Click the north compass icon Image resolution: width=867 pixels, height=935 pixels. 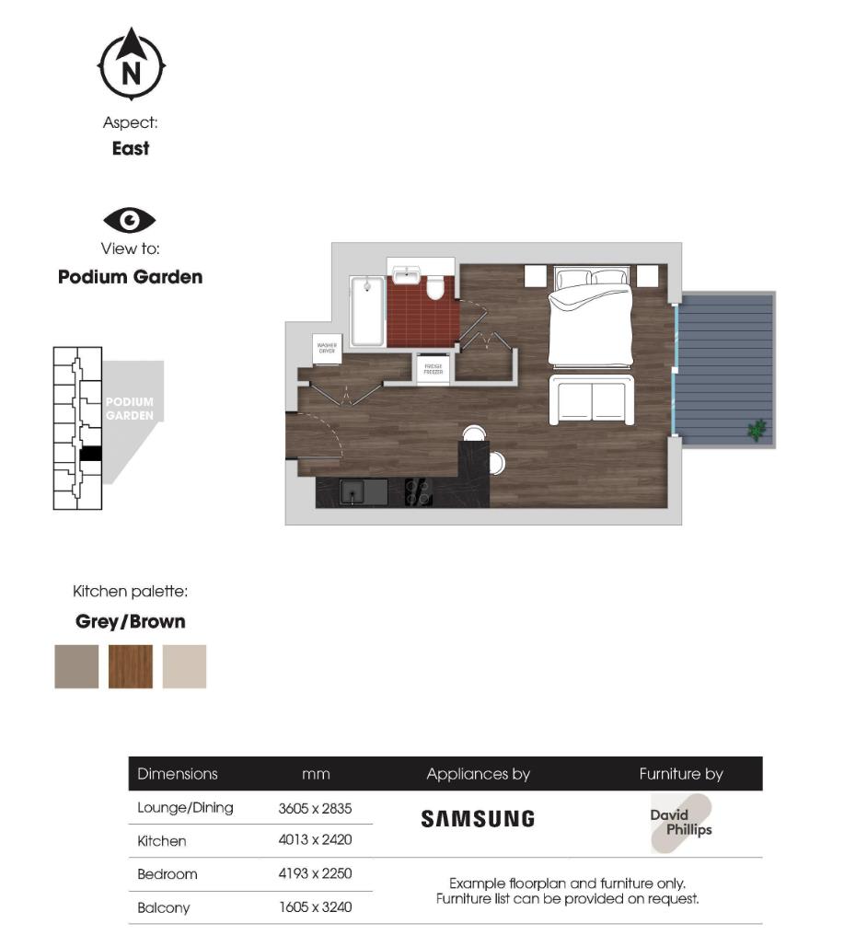pyautogui.click(x=132, y=64)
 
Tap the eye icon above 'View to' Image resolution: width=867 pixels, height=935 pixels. pyautogui.click(x=130, y=220)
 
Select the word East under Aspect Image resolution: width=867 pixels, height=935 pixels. pyautogui.click(x=131, y=148)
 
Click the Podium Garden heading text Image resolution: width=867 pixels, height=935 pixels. pyautogui.click(x=130, y=277)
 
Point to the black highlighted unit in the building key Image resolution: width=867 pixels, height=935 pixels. pyautogui.click(x=90, y=453)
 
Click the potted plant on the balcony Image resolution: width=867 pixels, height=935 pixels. pyautogui.click(x=757, y=429)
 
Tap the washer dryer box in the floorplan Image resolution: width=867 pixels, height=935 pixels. pyautogui.click(x=327, y=348)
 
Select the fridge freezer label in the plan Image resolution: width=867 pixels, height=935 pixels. pyautogui.click(x=433, y=369)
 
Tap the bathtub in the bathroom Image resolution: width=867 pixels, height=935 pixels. pyautogui.click(x=367, y=311)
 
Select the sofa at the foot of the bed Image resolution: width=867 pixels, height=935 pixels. pyautogui.click(x=591, y=400)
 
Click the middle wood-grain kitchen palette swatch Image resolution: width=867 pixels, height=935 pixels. pyautogui.click(x=131, y=666)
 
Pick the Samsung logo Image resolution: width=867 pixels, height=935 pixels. pyautogui.click(x=478, y=818)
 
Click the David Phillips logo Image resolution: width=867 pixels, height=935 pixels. pyautogui.click(x=681, y=822)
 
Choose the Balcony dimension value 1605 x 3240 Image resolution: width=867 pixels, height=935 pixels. pyautogui.click(x=315, y=907)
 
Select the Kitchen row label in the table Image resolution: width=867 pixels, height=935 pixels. pyautogui.click(x=162, y=840)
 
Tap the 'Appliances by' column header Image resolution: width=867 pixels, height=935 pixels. pyautogui.click(x=478, y=774)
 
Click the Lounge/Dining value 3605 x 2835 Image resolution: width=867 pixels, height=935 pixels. pyautogui.click(x=315, y=808)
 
